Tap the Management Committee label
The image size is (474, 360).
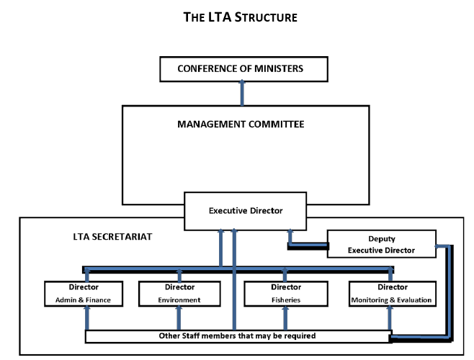pos(241,124)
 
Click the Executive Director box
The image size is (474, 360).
pos(245,210)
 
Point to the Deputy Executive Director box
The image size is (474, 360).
pos(381,244)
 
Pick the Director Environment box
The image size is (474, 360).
pos(179,293)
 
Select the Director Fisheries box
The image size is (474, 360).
pos(285,293)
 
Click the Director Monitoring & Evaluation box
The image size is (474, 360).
pos(391,293)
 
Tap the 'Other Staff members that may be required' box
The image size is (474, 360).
pos(238,336)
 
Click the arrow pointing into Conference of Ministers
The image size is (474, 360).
pos(242,93)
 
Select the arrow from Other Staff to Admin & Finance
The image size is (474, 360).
pos(86,317)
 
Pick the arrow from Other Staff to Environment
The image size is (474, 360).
pos(179,317)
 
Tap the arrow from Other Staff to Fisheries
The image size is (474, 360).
pos(285,317)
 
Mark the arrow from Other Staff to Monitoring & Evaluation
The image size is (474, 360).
pos(390,317)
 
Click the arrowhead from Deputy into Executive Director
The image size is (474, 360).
pos(290,234)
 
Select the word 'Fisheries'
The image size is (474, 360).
pos(285,300)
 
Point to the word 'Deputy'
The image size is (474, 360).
pos(381,238)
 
